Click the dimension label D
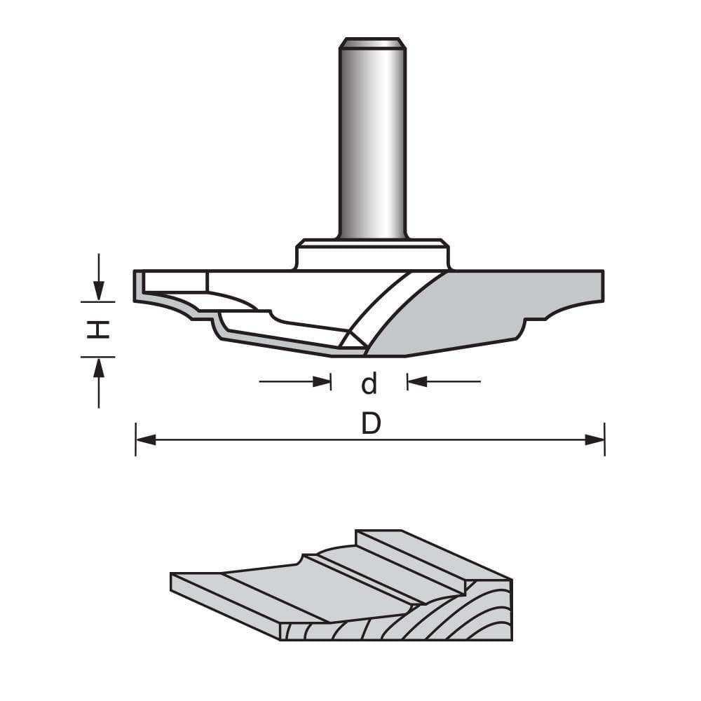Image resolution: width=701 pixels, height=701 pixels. (370, 423)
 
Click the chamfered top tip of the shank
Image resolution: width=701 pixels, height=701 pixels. (372, 43)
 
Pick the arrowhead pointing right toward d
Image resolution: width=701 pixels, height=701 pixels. (322, 381)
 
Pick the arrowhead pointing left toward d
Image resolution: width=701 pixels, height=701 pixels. (416, 381)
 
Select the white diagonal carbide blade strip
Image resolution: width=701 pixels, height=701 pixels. (379, 308)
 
